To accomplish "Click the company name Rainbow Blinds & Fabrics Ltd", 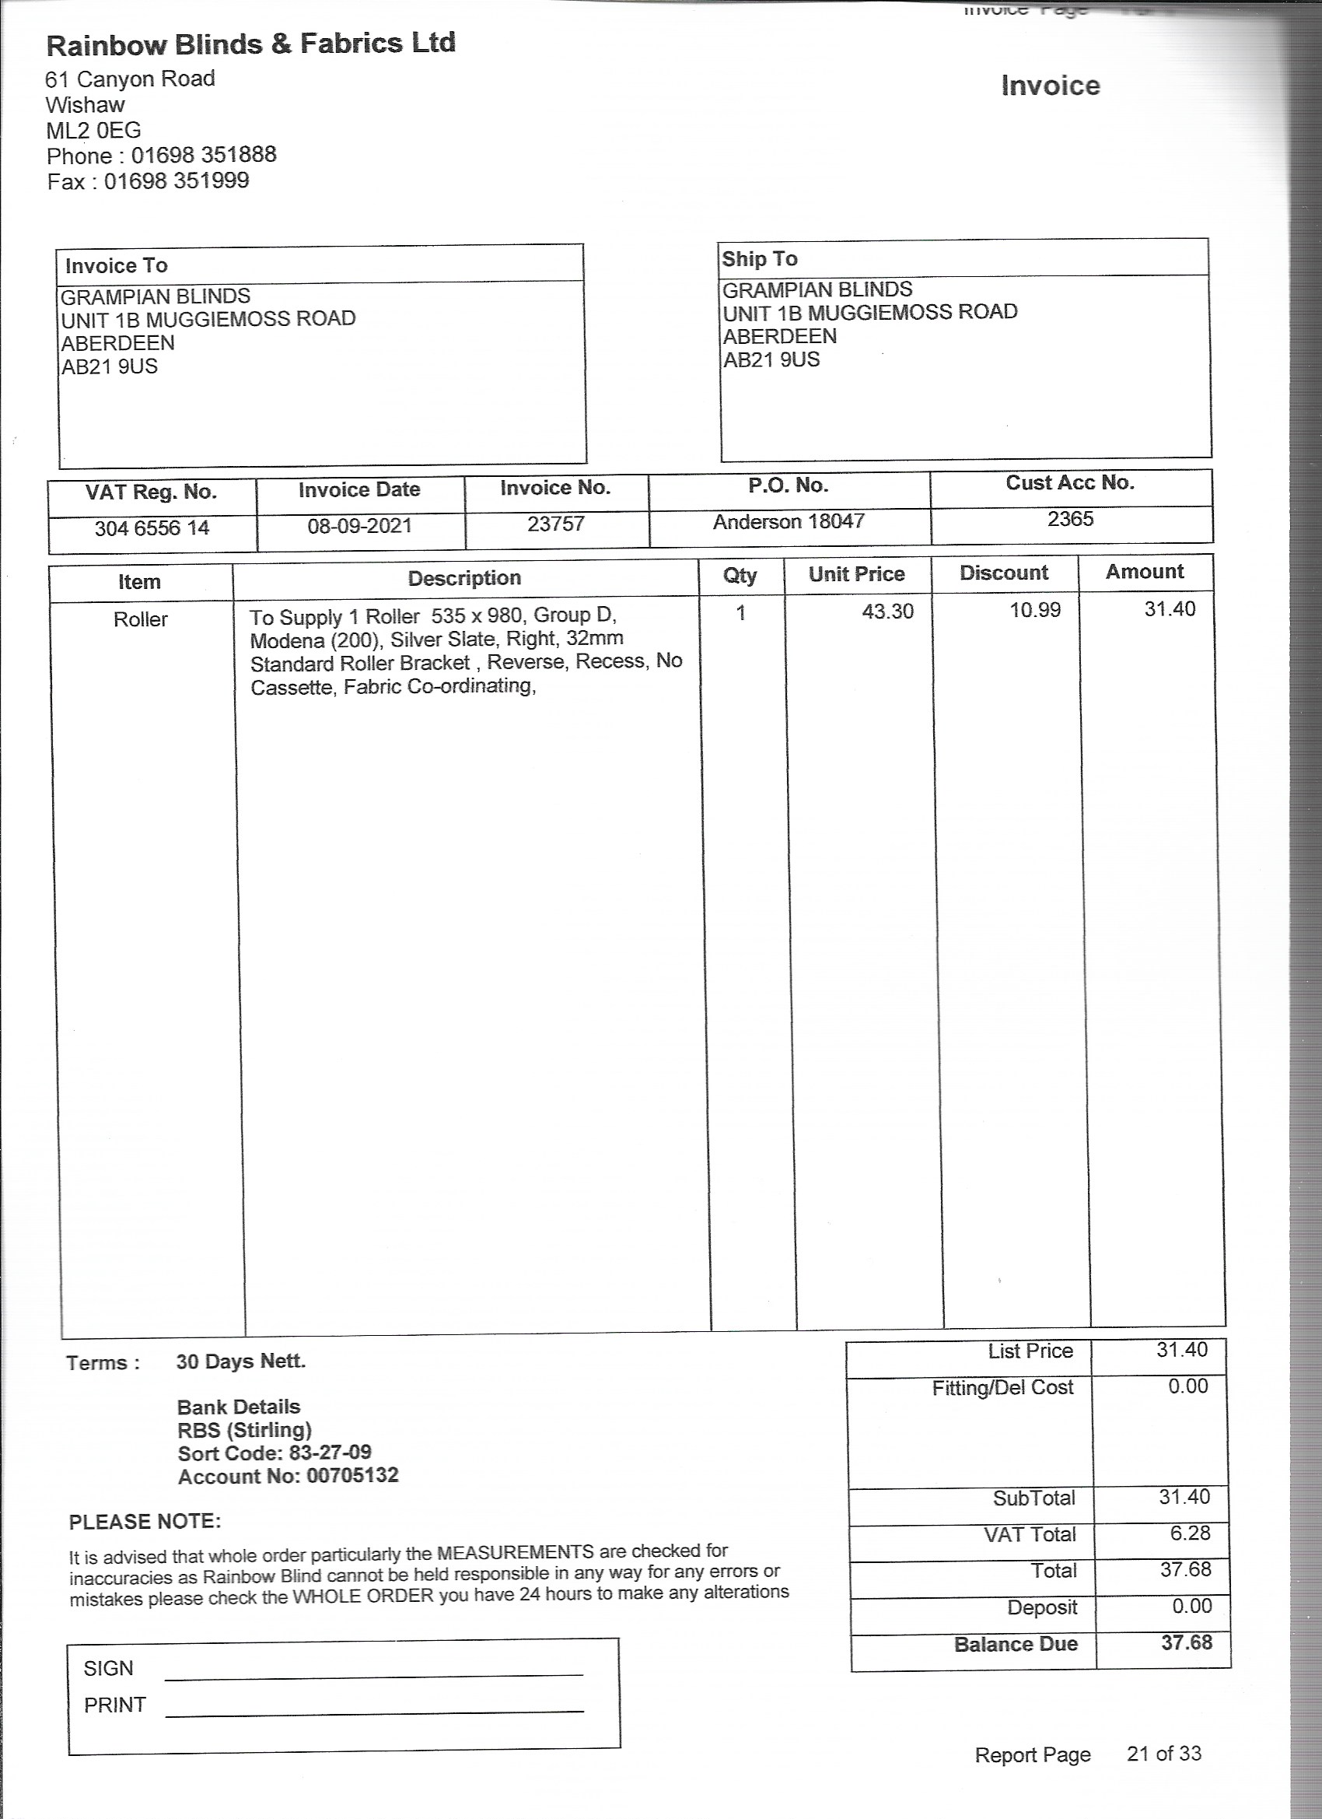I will [250, 44].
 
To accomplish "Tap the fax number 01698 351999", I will [177, 181].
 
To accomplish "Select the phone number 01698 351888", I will [204, 155].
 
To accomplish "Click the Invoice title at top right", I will [1051, 86].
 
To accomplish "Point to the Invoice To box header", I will [116, 265].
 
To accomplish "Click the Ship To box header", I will [759, 259].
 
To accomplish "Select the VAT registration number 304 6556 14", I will [152, 528].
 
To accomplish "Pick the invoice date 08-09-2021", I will [359, 526].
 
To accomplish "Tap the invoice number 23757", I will [555, 524].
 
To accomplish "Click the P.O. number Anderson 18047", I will [789, 521].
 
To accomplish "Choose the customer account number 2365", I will [1070, 519].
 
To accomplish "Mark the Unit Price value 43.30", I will [887, 612].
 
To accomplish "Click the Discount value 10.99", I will [1034, 609].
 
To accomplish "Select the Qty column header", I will [740, 575].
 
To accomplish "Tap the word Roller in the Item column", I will [140, 619].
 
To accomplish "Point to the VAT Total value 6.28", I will [1190, 1533].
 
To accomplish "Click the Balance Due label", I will [1015, 1643].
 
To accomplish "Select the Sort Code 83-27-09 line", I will [275, 1453].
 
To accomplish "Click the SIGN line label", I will [108, 1667].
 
